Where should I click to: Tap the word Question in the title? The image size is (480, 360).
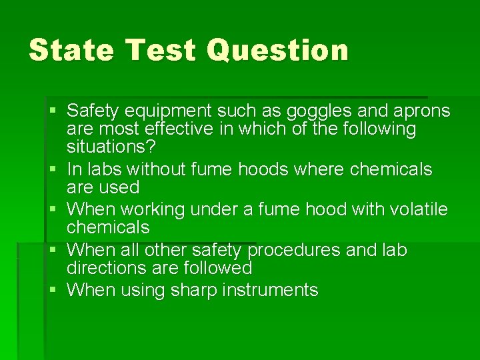click(x=277, y=50)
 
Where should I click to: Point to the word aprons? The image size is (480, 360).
click(x=421, y=111)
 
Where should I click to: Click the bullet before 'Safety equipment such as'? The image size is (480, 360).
click(x=54, y=110)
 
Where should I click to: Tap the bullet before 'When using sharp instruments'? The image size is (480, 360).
click(x=54, y=290)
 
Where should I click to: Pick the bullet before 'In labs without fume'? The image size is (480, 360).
click(x=54, y=169)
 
